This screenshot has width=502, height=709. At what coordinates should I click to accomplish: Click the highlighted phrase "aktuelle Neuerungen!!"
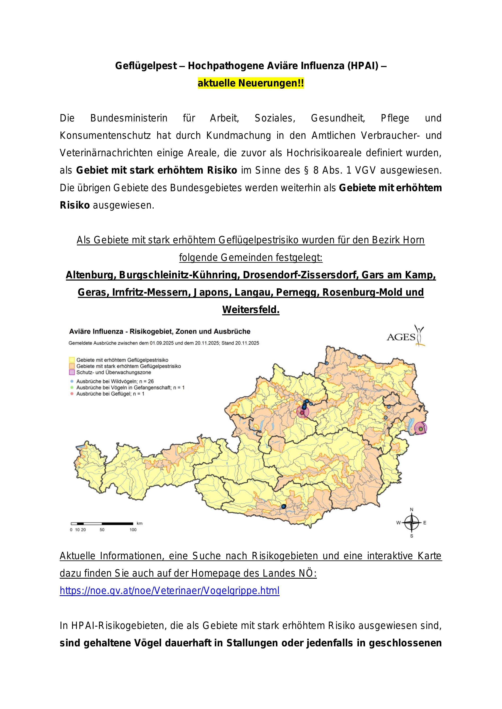(251, 83)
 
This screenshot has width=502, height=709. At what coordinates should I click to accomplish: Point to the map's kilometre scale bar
(102, 523)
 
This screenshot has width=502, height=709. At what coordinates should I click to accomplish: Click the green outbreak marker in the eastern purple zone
(420, 429)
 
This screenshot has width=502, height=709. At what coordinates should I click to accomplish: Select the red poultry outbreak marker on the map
(302, 413)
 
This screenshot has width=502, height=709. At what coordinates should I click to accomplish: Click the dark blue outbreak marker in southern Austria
(283, 506)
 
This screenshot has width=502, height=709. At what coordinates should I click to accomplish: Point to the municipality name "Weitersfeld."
(251, 310)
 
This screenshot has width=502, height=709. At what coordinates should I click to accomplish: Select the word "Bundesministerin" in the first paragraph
(129, 118)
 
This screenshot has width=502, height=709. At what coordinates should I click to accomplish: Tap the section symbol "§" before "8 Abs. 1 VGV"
(306, 170)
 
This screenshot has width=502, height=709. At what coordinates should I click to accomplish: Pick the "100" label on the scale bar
(133, 530)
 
